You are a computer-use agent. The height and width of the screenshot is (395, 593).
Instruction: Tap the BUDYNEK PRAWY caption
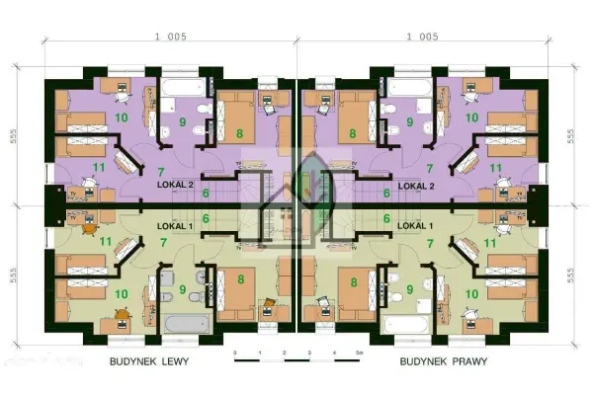click(446, 362)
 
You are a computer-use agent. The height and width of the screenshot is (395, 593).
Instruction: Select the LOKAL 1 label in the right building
click(416, 225)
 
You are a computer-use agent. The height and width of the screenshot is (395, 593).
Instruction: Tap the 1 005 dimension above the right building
click(422, 37)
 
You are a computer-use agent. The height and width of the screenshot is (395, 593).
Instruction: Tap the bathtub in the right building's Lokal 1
click(406, 325)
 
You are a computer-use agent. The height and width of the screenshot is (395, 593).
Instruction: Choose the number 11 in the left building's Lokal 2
click(99, 167)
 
